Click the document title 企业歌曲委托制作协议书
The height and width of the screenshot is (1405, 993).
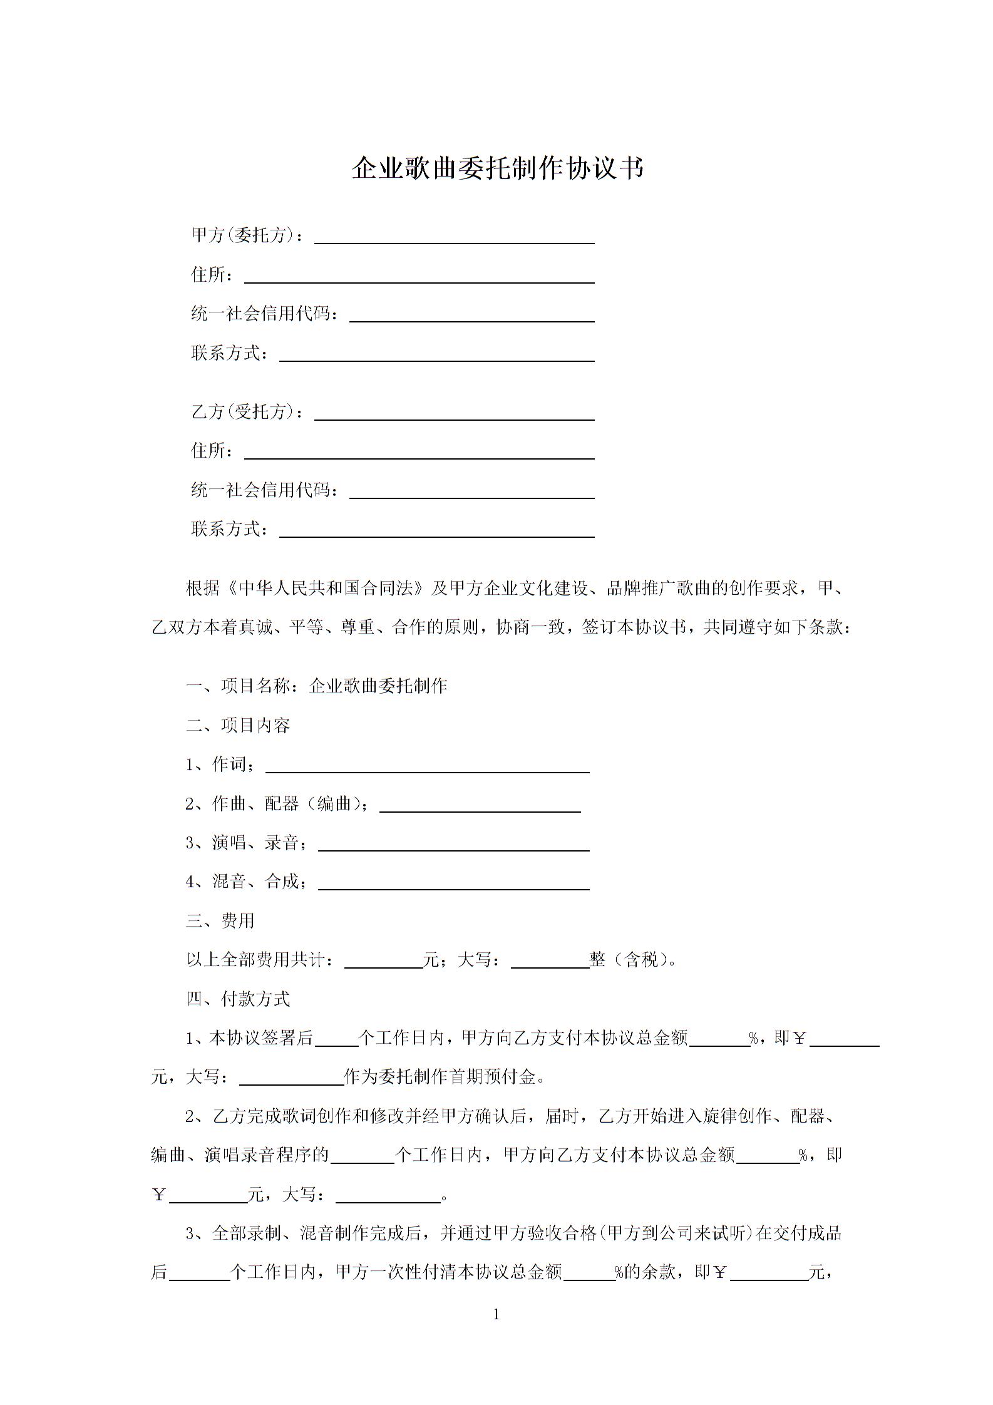[x=497, y=168]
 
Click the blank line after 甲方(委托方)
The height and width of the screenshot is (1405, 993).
[x=454, y=237]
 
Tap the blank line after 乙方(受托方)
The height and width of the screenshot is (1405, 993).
[x=454, y=414]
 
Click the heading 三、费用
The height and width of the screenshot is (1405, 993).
[x=220, y=921]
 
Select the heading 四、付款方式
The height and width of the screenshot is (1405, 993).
[x=238, y=999]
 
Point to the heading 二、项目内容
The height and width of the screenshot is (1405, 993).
[x=238, y=726]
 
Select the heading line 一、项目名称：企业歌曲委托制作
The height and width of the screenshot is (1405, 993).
[x=316, y=686]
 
